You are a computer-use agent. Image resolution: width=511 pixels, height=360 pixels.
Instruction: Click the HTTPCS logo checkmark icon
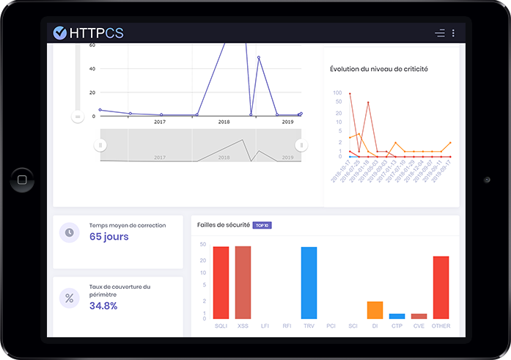(x=60, y=32)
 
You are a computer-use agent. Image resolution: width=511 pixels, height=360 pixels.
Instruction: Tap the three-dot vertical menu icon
(x=453, y=33)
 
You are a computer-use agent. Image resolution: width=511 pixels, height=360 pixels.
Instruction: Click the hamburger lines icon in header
(x=439, y=33)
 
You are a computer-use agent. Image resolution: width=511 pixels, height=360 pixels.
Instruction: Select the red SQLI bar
(x=221, y=282)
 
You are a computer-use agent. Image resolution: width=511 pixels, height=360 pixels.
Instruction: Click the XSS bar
(x=243, y=282)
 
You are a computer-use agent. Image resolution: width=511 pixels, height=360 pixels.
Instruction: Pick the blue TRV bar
(x=309, y=283)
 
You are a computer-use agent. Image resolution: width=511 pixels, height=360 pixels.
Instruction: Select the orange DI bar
(x=375, y=310)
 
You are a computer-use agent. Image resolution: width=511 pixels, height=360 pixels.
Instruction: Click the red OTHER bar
(x=441, y=287)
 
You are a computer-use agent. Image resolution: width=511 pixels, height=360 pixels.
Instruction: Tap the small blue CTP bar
(x=397, y=316)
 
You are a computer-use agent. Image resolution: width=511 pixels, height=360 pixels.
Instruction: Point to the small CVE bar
(x=419, y=316)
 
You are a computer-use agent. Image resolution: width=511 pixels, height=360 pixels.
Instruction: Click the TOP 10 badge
(x=262, y=225)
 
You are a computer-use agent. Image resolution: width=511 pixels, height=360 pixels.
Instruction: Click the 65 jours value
(x=109, y=237)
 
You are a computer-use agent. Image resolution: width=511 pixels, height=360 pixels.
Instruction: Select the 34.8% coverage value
(x=103, y=306)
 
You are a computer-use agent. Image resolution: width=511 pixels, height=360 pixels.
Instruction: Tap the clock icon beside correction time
(x=70, y=232)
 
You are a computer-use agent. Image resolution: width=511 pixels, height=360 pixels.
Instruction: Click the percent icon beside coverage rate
(x=70, y=298)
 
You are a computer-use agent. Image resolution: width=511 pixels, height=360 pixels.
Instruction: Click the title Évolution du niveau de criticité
(x=379, y=69)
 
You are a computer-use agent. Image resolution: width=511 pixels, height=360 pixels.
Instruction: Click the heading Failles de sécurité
(x=224, y=225)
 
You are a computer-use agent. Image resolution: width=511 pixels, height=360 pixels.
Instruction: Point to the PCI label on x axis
(x=331, y=326)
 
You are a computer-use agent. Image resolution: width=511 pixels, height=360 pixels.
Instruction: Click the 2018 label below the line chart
(x=224, y=122)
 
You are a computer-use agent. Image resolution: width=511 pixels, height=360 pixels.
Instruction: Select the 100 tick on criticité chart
(x=337, y=93)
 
